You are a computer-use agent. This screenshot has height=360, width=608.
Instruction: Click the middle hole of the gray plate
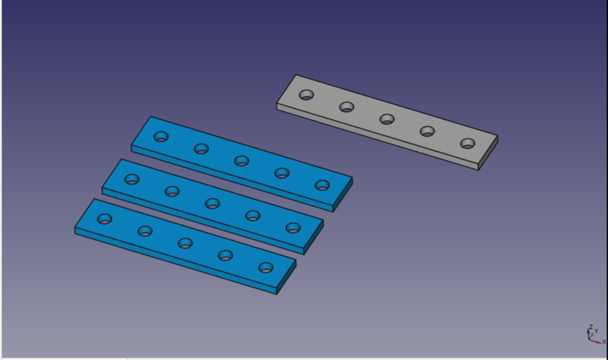click(x=387, y=119)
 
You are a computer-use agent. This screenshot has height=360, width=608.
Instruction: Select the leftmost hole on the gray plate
click(x=306, y=94)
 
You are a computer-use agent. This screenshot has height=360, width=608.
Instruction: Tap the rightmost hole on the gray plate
click(x=467, y=144)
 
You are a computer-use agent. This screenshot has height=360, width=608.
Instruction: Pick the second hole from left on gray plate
click(x=347, y=106)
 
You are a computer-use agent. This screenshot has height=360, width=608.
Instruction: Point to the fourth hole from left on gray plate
click(x=427, y=131)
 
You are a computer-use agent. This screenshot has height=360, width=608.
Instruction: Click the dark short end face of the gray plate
click(x=488, y=153)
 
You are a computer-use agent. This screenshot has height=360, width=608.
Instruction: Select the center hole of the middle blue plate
click(x=213, y=204)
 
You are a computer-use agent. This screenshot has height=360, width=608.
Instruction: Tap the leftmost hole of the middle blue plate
click(x=131, y=179)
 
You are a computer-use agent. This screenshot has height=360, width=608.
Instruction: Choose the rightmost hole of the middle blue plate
click(x=293, y=228)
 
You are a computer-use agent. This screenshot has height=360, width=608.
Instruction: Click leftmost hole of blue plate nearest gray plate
click(x=161, y=137)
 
